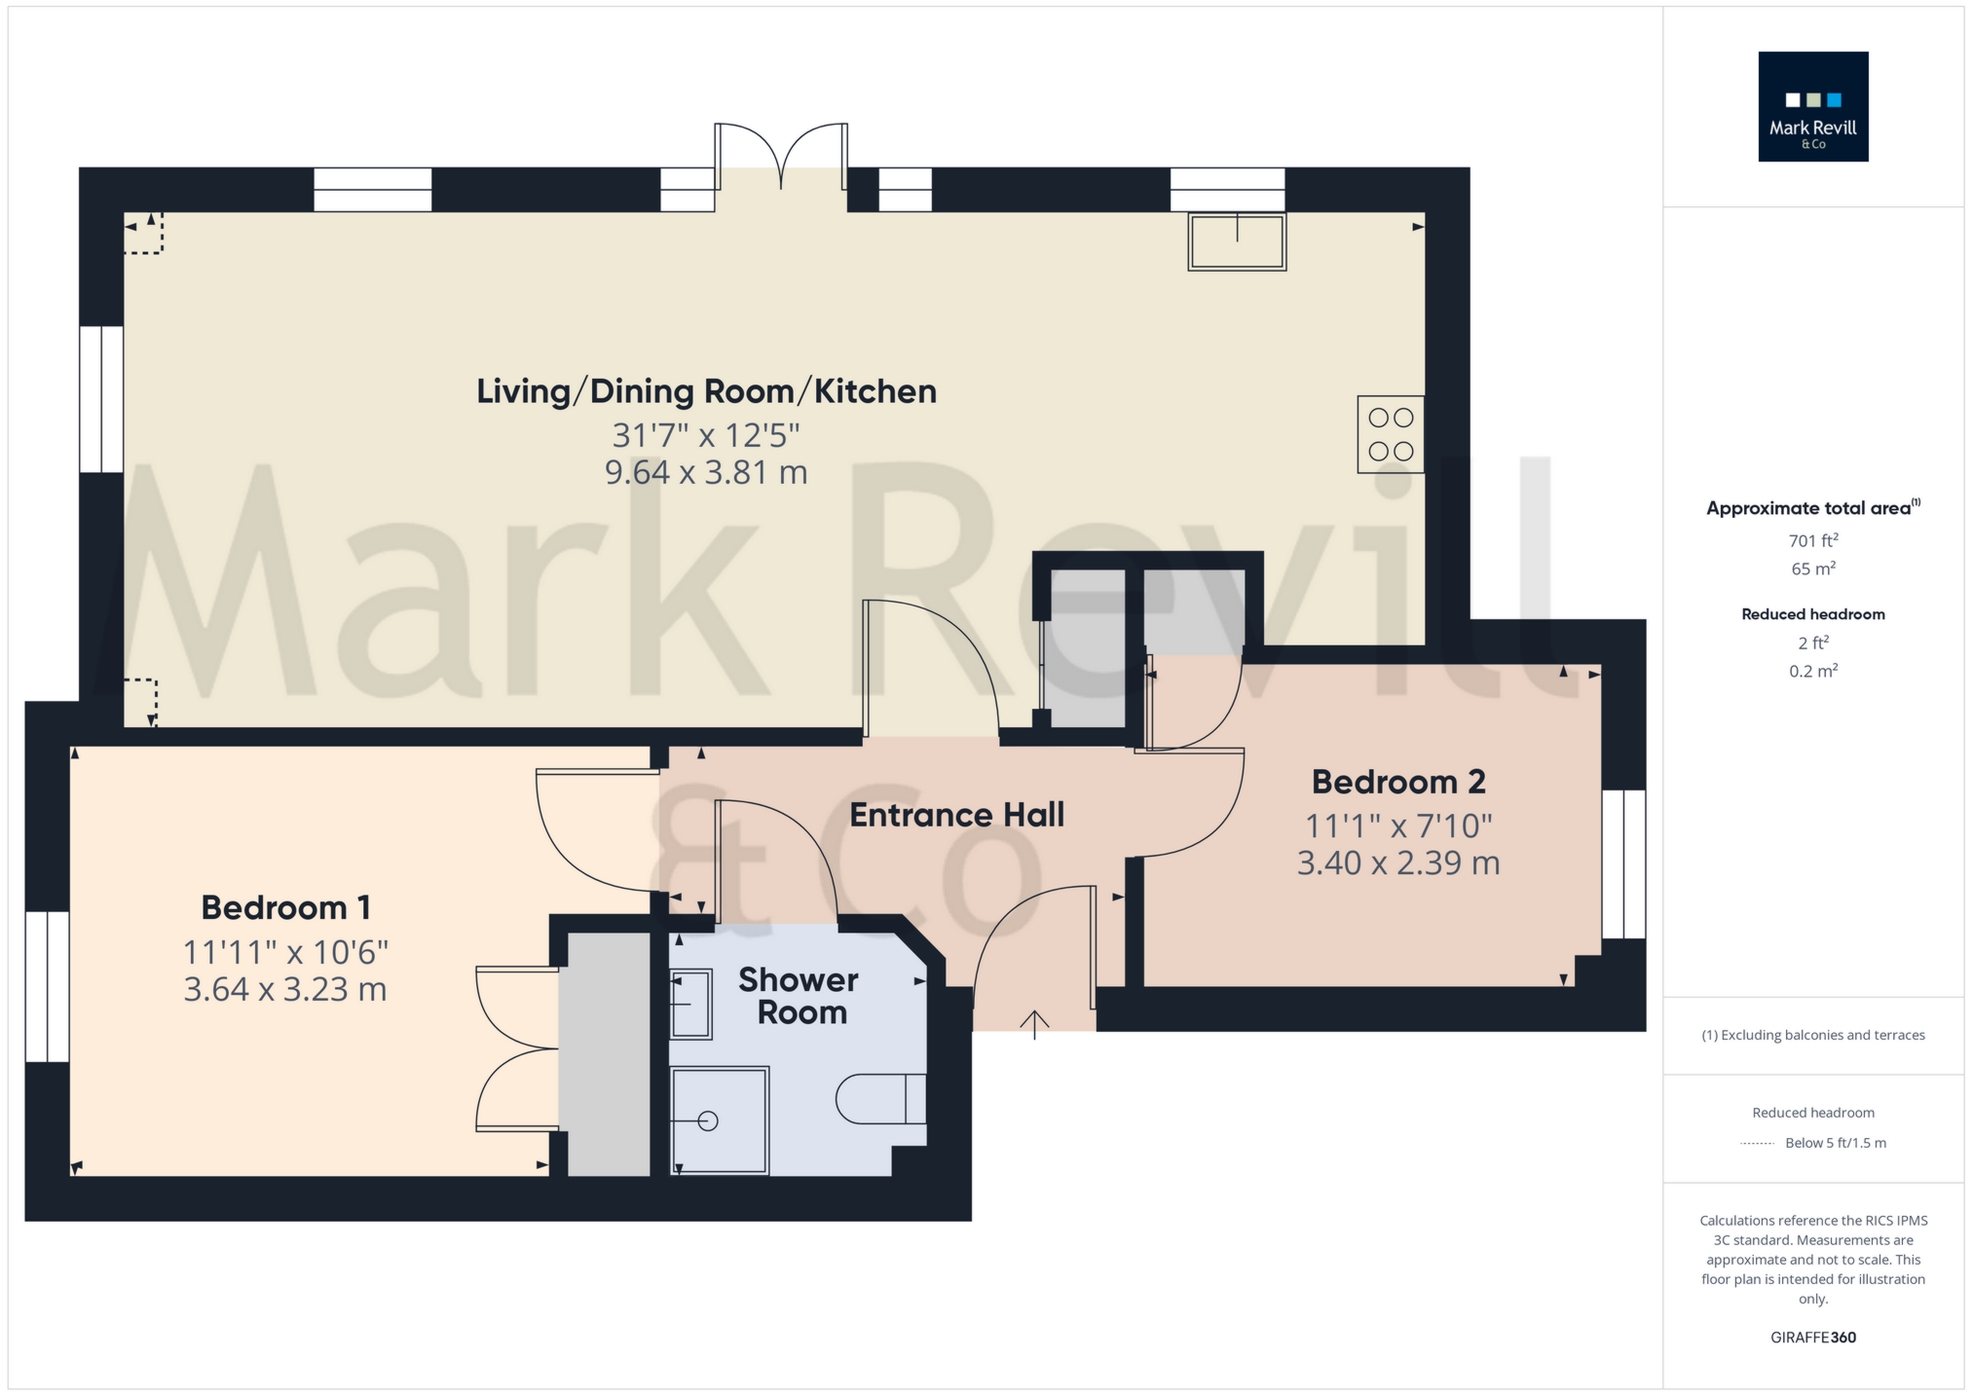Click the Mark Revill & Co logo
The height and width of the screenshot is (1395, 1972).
[x=1812, y=106]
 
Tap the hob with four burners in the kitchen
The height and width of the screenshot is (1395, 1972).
[x=1390, y=434]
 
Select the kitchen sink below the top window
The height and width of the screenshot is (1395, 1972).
[x=1237, y=240]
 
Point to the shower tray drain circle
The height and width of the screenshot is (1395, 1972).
[x=708, y=1121]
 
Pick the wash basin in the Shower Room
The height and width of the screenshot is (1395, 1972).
[x=690, y=1003]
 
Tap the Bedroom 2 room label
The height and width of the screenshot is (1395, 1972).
[x=1398, y=782]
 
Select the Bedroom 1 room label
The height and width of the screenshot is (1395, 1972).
[x=285, y=907]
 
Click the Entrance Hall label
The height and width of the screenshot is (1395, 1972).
[x=956, y=815]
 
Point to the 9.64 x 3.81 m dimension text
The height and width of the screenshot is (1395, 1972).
[x=706, y=473]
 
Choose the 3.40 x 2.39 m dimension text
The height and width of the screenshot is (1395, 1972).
[x=1398, y=863]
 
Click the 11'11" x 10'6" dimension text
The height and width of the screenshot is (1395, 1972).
[x=285, y=951]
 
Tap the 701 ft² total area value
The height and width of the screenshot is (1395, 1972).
[x=1812, y=541]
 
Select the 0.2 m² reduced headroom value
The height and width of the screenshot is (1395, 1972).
[x=1812, y=671]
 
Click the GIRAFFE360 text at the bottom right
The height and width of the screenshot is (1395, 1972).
[x=1812, y=1338]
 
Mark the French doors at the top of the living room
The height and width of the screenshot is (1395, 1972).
[x=781, y=156]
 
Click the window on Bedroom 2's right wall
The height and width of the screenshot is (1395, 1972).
[x=1623, y=864]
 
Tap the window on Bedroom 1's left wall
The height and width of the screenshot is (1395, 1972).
[x=47, y=986]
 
